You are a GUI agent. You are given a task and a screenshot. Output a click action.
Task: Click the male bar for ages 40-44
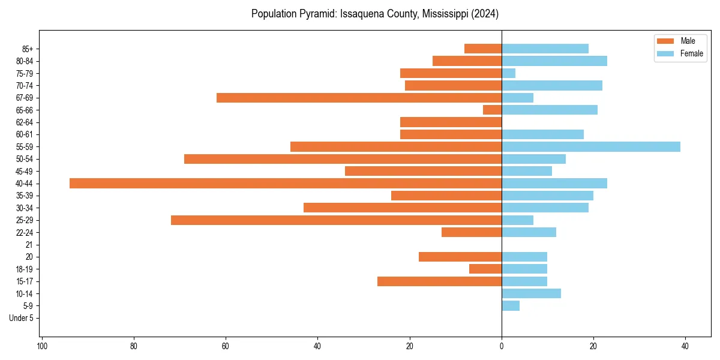pos(286,184)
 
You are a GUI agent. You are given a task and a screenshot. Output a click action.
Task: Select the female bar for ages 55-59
pos(591,146)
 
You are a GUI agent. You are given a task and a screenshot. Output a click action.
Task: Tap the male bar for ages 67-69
pos(359,98)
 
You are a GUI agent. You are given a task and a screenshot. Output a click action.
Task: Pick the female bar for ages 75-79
pos(509,73)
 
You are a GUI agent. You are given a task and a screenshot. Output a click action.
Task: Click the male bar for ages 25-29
pos(336,220)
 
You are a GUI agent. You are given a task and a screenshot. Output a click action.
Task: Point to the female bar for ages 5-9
pos(511,306)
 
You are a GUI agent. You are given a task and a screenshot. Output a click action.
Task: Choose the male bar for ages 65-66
pos(493,110)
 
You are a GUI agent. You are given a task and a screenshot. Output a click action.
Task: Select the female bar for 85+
pos(545,49)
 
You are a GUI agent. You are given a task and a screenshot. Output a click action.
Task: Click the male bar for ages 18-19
pos(485,269)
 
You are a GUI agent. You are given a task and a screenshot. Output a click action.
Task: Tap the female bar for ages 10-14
pos(531,293)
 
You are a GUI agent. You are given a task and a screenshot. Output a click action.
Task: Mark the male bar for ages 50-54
pos(343,159)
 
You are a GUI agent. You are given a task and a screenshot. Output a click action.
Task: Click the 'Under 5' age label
pos(22,318)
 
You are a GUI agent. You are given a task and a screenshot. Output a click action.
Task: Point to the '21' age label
pos(29,245)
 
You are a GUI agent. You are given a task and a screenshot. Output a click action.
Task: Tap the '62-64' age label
pos(25,122)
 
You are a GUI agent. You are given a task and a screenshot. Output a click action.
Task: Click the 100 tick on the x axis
pos(42,346)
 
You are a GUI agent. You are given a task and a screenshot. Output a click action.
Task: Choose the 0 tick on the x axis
pos(502,346)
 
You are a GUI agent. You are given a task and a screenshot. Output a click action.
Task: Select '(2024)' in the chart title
pos(484,13)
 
